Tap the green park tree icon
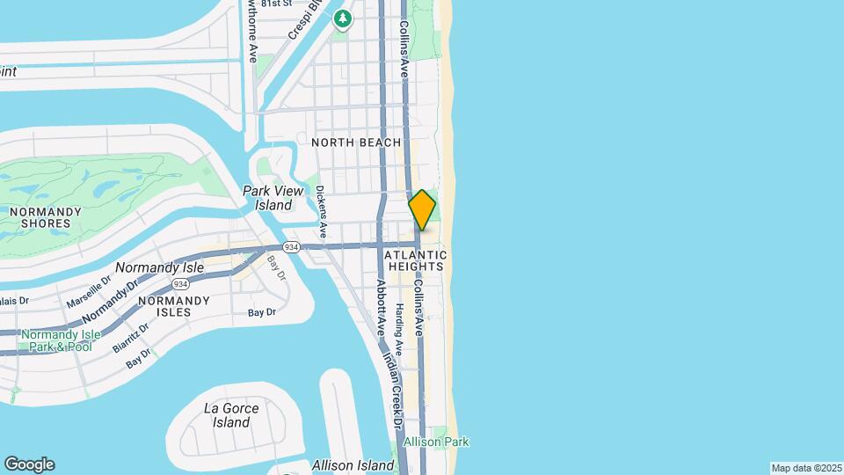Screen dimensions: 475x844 coord(342,18)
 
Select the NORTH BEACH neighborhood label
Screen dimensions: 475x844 coord(356,142)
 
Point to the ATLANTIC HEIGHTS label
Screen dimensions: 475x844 coord(416,261)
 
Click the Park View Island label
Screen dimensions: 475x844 coord(273,198)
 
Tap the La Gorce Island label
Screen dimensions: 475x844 coord(231,415)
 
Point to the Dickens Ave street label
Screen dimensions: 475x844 coord(322,212)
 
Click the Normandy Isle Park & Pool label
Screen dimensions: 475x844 coord(56,340)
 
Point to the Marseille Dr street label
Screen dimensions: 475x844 coord(88,290)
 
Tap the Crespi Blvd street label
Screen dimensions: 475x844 coord(301,21)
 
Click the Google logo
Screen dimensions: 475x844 coord(29,464)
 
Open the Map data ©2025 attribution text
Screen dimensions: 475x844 coord(805,468)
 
